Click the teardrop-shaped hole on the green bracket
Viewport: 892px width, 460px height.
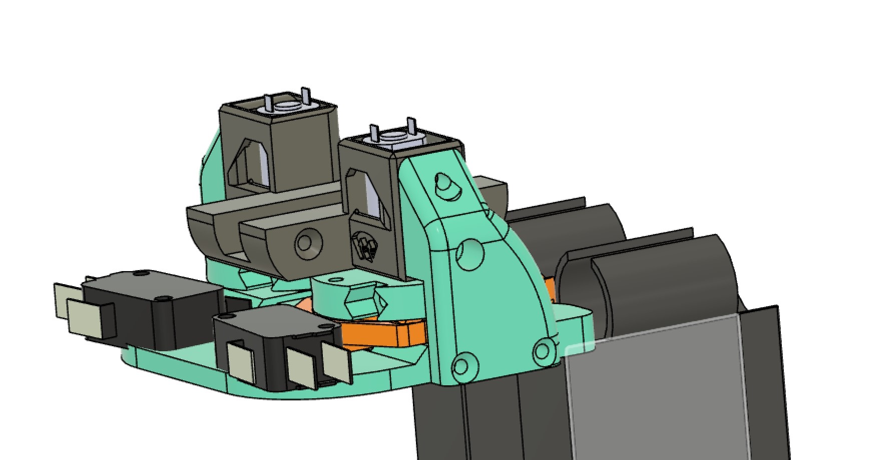click(x=445, y=186)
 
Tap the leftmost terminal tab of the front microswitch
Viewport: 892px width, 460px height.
click(x=242, y=363)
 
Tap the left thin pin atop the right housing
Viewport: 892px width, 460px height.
click(x=373, y=133)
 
